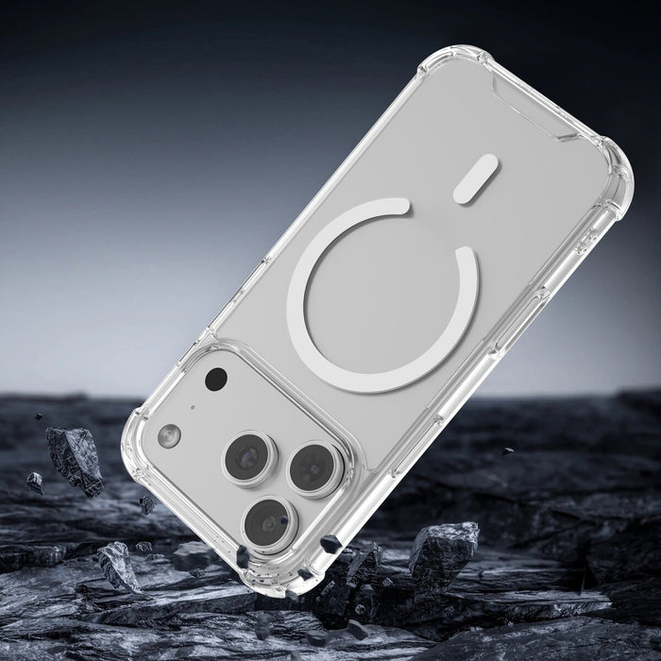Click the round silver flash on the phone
[x=170, y=435]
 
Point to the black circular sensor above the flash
[x=216, y=380]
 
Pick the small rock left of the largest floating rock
[x=34, y=482]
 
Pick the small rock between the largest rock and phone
[x=147, y=503]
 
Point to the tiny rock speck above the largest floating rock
[x=40, y=415]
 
